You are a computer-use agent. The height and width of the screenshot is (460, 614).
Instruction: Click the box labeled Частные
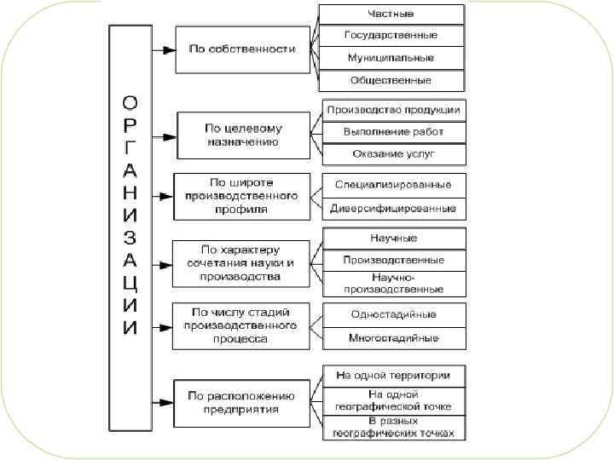(x=391, y=14)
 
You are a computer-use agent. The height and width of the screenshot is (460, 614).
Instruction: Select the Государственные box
(x=391, y=36)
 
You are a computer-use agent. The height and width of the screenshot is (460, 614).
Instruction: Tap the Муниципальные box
(x=391, y=58)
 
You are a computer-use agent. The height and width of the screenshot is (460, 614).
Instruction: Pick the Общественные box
(x=391, y=80)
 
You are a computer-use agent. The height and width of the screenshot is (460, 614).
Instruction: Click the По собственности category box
(x=242, y=49)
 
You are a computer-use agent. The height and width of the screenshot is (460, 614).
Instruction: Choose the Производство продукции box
(x=394, y=110)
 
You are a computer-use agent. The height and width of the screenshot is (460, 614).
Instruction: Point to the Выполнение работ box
(x=394, y=132)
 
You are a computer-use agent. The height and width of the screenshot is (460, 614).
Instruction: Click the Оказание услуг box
(x=394, y=154)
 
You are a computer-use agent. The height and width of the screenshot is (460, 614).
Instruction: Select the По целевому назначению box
(x=243, y=135)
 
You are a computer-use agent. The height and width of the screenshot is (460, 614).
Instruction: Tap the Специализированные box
(x=394, y=185)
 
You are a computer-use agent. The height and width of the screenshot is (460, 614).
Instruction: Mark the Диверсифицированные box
(x=394, y=208)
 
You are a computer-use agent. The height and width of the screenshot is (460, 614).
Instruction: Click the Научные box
(x=394, y=238)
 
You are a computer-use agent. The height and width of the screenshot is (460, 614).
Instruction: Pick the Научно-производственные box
(x=394, y=283)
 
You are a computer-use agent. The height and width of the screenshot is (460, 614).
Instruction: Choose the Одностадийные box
(x=394, y=314)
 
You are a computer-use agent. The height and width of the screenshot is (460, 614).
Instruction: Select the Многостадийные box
(x=394, y=338)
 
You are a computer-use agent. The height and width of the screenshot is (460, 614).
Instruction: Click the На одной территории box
(x=394, y=375)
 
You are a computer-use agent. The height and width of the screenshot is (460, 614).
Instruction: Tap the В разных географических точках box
(x=394, y=428)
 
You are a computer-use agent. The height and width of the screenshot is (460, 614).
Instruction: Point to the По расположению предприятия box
(x=243, y=402)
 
